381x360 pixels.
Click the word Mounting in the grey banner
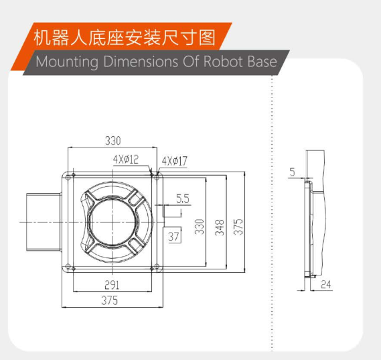[x=67, y=62]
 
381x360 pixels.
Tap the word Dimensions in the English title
[x=141, y=61]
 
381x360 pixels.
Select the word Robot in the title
[x=224, y=61]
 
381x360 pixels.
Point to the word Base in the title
[x=262, y=61]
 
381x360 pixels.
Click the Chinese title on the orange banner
[x=125, y=38]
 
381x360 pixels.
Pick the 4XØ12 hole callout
[x=126, y=160]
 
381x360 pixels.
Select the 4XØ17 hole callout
[x=175, y=161]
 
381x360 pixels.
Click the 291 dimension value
[x=112, y=285]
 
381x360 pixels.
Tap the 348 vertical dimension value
[x=220, y=227]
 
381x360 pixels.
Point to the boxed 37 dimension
[x=173, y=236]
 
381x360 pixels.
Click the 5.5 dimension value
[x=183, y=198]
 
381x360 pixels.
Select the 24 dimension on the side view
[x=326, y=284]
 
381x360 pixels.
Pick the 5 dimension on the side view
[x=293, y=172]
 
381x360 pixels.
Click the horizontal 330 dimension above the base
[x=112, y=141]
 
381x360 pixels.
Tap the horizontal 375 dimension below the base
[x=110, y=300]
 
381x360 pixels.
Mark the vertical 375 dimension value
[x=238, y=227]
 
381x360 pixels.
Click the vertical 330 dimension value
[x=200, y=227]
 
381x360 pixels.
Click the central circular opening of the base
[x=112, y=222]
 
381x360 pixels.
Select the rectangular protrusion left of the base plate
[x=44, y=222]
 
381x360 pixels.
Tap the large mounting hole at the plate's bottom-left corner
[x=68, y=266]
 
